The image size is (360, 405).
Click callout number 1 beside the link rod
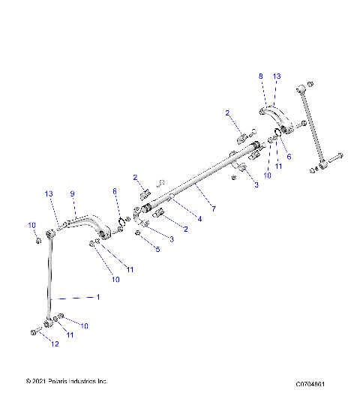click(97, 297)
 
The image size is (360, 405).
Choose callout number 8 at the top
click(261, 76)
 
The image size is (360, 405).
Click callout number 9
click(73, 194)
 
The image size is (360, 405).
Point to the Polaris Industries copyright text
click(67, 382)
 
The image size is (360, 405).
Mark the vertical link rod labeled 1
click(50, 277)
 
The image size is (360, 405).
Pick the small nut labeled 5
click(139, 233)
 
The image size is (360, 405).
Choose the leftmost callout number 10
click(31, 225)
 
